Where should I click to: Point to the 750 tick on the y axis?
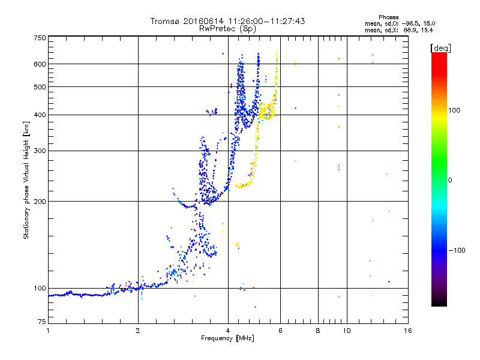(40, 38)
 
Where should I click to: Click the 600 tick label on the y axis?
(40, 64)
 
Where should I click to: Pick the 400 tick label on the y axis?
(40, 115)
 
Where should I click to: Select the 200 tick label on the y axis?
(40, 201)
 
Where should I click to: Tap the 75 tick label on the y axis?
(41, 324)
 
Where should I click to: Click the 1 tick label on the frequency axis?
(48, 331)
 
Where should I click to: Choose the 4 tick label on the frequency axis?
(228, 331)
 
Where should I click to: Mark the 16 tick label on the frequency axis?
(409, 331)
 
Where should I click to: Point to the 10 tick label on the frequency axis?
(347, 331)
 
